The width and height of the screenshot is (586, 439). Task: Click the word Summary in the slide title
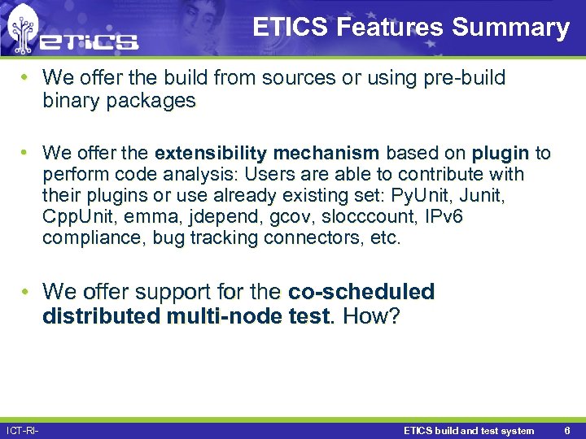click(x=510, y=28)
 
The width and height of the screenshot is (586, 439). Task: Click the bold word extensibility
click(x=211, y=154)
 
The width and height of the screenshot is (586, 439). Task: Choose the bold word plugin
click(x=501, y=154)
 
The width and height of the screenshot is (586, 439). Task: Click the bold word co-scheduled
click(x=361, y=291)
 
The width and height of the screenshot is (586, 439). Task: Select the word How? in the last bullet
click(x=372, y=315)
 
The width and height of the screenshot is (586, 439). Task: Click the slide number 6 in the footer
click(x=567, y=430)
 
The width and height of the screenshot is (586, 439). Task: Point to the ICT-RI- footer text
click(x=22, y=430)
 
